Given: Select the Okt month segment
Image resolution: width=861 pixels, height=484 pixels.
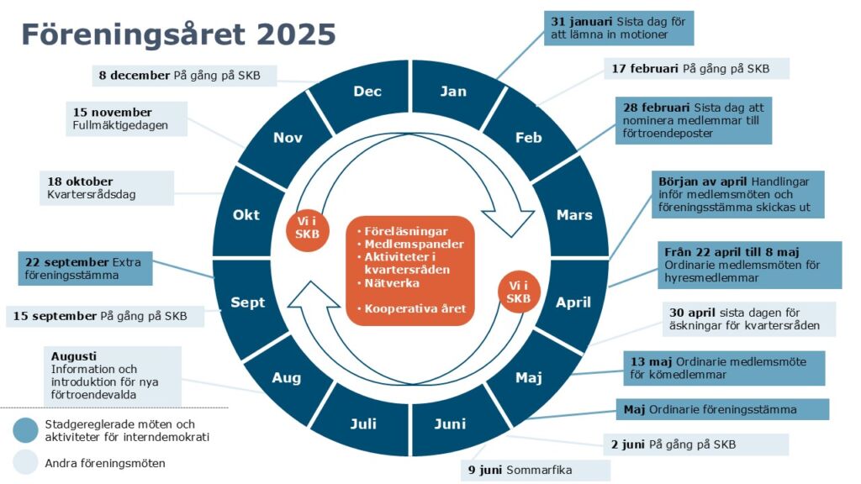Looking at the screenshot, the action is click(x=246, y=215).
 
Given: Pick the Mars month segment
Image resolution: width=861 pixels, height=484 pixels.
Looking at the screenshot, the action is click(x=573, y=214).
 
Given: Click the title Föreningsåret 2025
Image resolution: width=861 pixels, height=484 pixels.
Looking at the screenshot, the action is click(x=178, y=34).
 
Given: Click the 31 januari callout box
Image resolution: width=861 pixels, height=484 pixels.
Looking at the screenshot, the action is click(x=619, y=28).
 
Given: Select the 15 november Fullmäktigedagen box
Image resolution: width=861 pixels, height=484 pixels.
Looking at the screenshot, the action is click(x=126, y=118).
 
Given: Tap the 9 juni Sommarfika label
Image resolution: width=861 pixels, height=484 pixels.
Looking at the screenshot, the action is click(x=536, y=471).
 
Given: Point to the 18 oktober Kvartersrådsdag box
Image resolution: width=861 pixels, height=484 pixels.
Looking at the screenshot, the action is click(x=107, y=187).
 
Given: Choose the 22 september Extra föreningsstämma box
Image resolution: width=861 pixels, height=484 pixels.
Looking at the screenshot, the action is click(x=85, y=268).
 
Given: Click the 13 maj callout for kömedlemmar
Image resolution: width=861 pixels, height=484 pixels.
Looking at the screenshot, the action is click(x=724, y=368).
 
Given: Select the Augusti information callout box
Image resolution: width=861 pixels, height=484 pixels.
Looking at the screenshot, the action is click(x=113, y=376).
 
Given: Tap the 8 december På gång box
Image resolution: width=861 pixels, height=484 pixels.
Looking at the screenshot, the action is click(x=184, y=76).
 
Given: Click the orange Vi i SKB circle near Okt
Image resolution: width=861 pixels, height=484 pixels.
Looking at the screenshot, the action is click(x=307, y=228).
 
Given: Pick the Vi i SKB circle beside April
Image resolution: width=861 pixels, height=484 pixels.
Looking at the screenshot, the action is click(x=518, y=292).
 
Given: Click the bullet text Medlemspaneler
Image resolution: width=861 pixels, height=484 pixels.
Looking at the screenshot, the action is click(x=414, y=245).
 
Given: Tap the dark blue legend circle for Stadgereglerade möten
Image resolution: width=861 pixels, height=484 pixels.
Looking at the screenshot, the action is click(x=26, y=431).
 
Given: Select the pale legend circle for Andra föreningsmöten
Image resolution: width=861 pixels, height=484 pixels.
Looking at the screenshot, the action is click(x=26, y=463).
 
